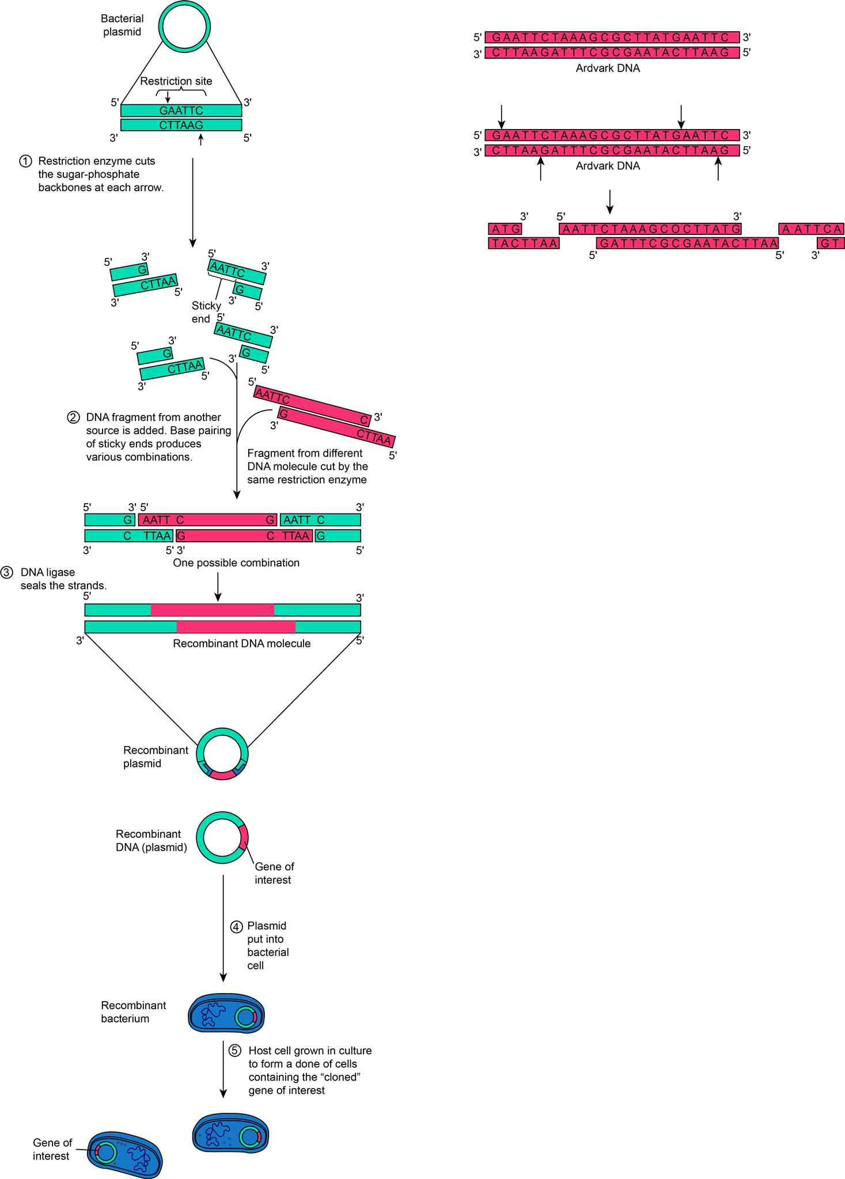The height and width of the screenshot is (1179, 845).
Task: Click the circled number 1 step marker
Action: (x=26, y=162)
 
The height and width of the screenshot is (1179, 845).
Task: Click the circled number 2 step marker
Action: (x=73, y=417)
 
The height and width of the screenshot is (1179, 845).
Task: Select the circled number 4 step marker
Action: (x=237, y=927)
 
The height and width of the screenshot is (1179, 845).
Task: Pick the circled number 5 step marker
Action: (x=236, y=1051)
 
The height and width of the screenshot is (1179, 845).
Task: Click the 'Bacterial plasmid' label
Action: (x=122, y=25)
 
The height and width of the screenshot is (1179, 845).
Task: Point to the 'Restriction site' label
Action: (x=176, y=81)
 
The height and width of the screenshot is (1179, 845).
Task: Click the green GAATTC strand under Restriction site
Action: (x=181, y=111)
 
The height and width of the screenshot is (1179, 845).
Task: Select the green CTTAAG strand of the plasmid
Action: (x=181, y=125)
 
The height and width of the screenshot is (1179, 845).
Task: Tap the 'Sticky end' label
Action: (x=206, y=312)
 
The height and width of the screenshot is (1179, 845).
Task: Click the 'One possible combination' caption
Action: (x=236, y=562)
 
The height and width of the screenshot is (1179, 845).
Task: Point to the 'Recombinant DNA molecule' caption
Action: (x=241, y=644)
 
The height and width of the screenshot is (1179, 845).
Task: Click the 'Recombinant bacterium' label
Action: (x=133, y=1011)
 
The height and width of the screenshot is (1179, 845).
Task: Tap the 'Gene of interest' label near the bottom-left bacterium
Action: (x=52, y=1149)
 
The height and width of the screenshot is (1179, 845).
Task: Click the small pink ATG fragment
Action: (x=505, y=229)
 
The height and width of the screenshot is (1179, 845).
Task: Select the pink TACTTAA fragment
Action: (x=523, y=243)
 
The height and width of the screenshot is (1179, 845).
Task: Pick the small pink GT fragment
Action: (x=830, y=243)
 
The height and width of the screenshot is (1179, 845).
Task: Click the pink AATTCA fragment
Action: (x=811, y=229)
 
